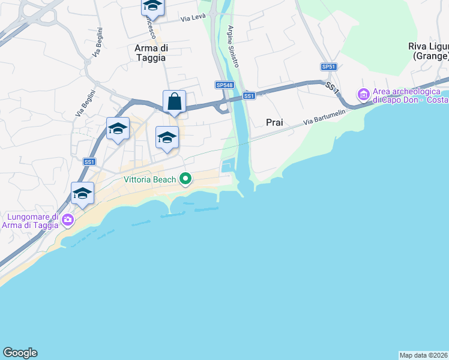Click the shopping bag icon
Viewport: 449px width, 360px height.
click(174, 102)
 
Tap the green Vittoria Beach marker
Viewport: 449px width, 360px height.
click(186, 178)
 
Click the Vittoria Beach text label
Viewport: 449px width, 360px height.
click(150, 179)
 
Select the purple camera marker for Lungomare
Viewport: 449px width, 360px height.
click(67, 220)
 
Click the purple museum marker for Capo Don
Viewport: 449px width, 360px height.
click(363, 94)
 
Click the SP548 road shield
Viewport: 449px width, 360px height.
click(224, 85)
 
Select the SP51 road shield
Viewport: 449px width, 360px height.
click(328, 67)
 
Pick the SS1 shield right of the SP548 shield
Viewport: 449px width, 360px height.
click(249, 95)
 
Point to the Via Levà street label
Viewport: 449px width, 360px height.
click(193, 19)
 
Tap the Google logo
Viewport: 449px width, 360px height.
click(20, 353)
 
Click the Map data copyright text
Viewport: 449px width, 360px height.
click(424, 355)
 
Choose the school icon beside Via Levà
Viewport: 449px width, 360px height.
click(152, 7)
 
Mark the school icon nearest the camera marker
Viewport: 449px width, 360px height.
click(82, 194)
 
